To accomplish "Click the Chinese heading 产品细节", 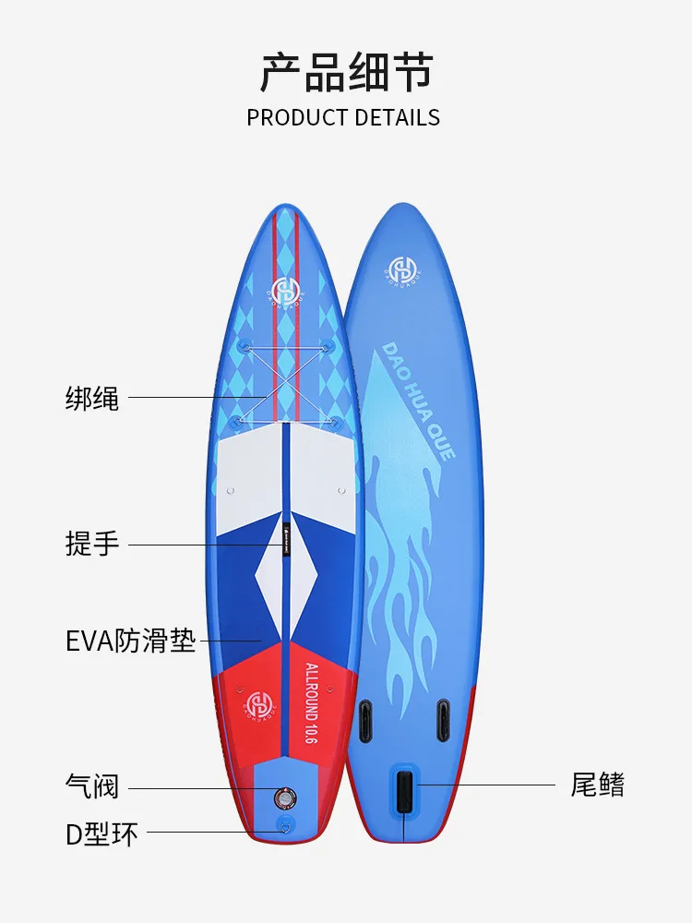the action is pos(346,73).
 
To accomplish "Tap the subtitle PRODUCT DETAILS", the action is pos(343,117).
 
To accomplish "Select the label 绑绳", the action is pos(92,399).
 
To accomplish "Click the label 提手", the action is pos(92,544).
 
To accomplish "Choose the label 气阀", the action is pos(92,786).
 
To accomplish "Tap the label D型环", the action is pos(101,834).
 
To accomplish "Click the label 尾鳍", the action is pos(598,785).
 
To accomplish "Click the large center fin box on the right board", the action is pos(404,791).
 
